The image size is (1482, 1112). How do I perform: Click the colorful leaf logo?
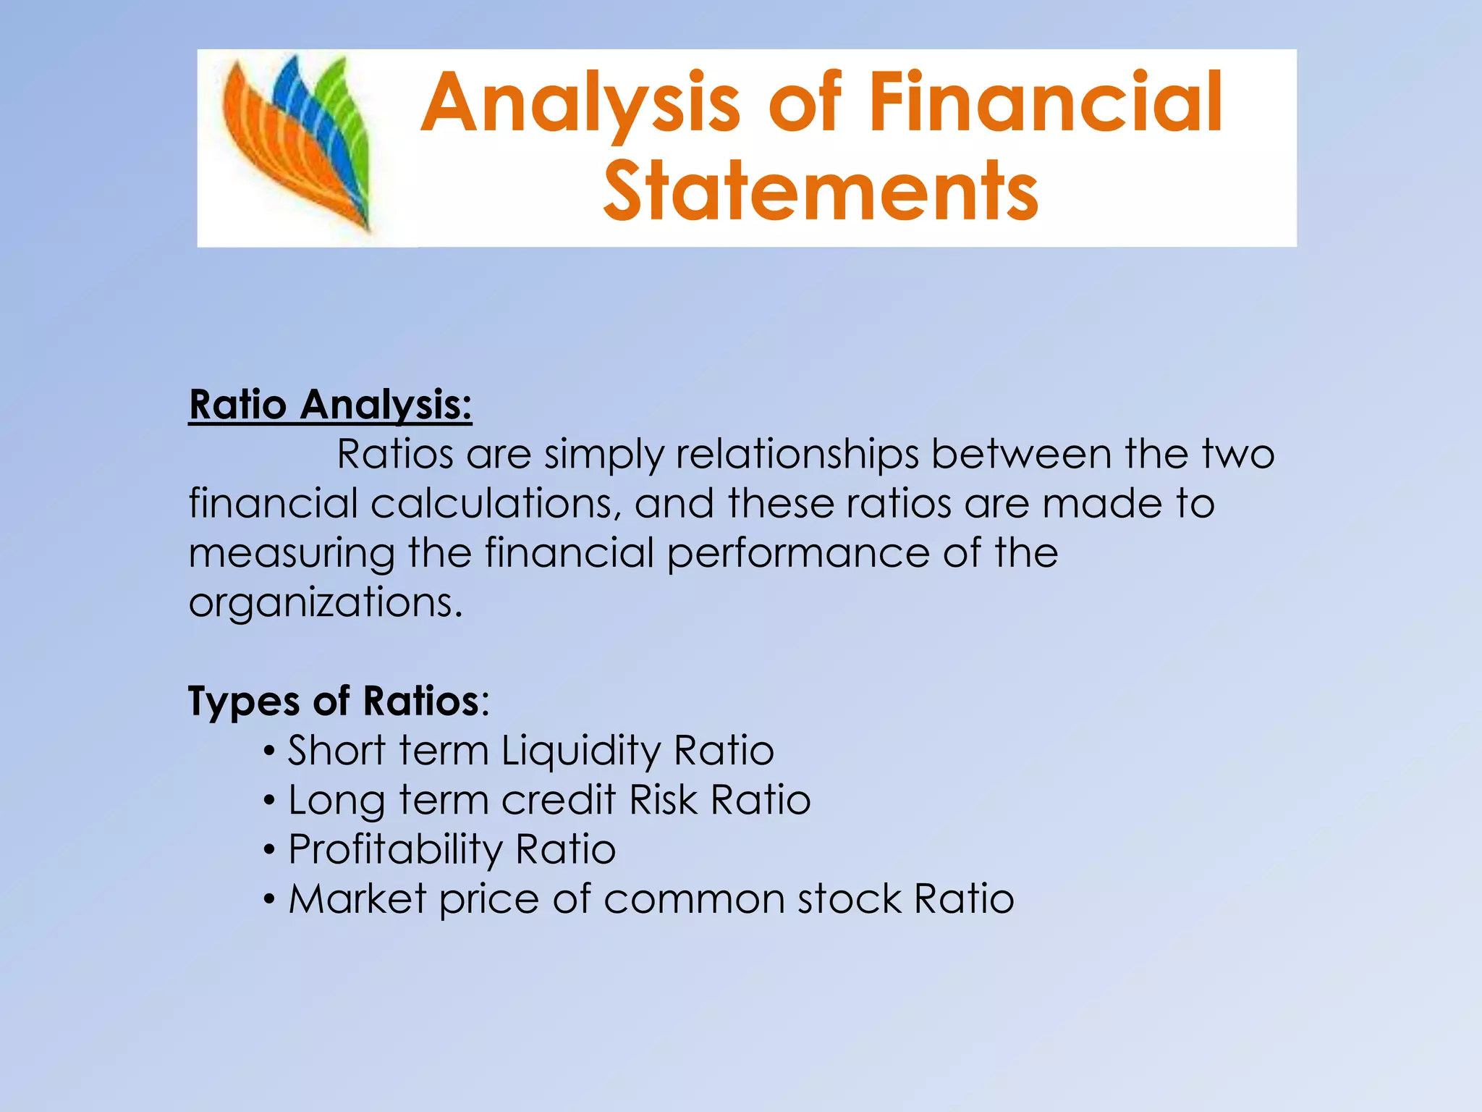[297, 145]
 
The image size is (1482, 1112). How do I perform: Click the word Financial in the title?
[1045, 103]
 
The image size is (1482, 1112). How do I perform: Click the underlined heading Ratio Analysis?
[330, 405]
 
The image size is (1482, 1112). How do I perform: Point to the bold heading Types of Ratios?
[334, 702]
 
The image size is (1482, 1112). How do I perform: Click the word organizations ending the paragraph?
[325, 602]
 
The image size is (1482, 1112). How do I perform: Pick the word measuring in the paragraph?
[292, 553]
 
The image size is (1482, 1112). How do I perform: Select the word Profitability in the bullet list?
[395, 850]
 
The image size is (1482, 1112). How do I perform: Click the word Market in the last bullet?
[357, 899]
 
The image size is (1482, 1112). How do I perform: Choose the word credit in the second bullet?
[559, 801]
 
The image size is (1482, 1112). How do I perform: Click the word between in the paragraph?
[1021, 455]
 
